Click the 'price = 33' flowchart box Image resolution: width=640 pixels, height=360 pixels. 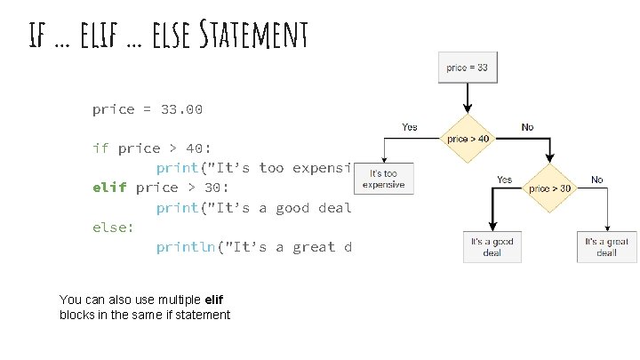point(468,68)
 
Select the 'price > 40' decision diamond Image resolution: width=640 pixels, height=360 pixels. point(468,139)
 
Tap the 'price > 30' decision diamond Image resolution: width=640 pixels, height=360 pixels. point(551,188)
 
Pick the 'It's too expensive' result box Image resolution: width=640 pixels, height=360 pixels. point(383,179)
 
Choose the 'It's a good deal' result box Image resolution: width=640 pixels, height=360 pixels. point(492,247)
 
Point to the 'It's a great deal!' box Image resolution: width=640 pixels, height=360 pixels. point(606,247)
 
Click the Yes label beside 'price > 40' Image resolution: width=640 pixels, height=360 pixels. point(410,127)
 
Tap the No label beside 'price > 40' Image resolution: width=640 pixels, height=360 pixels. point(528,127)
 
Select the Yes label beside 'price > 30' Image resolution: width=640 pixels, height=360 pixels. point(504,180)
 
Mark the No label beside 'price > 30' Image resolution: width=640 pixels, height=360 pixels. point(597,180)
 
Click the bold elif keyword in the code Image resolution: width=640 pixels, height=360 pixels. point(110,188)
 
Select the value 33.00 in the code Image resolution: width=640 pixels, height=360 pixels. point(182,109)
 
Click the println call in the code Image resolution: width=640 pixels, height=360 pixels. point(187,247)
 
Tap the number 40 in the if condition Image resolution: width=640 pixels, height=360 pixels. point(195,148)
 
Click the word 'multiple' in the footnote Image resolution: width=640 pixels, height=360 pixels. point(180,300)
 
